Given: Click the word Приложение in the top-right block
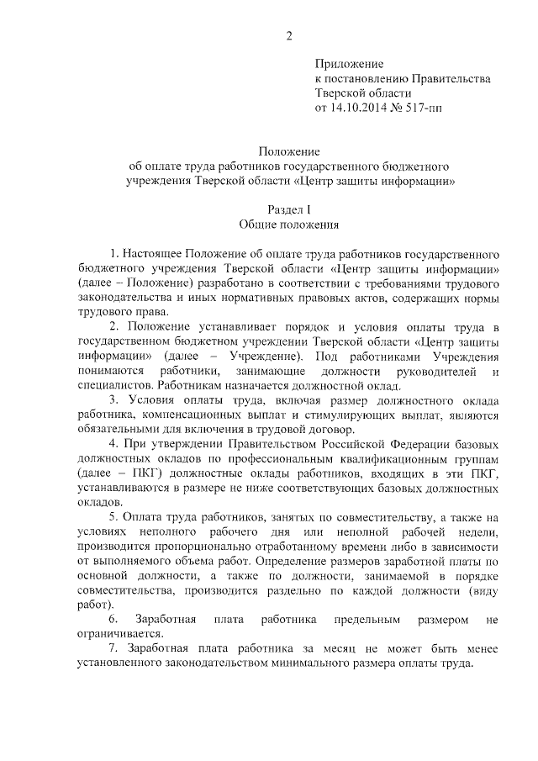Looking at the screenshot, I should [x=349, y=64].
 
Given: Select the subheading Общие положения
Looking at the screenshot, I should [x=288, y=225].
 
